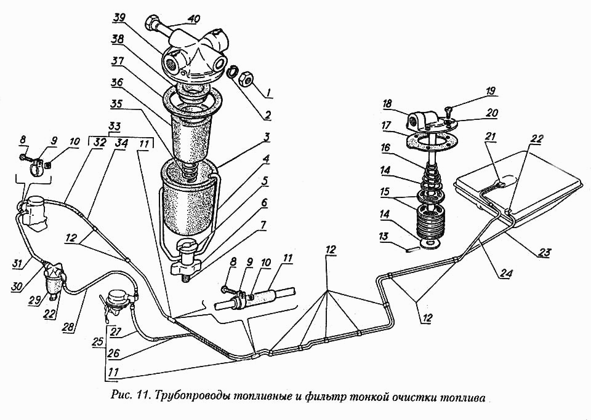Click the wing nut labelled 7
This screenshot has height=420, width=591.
point(183,269)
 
